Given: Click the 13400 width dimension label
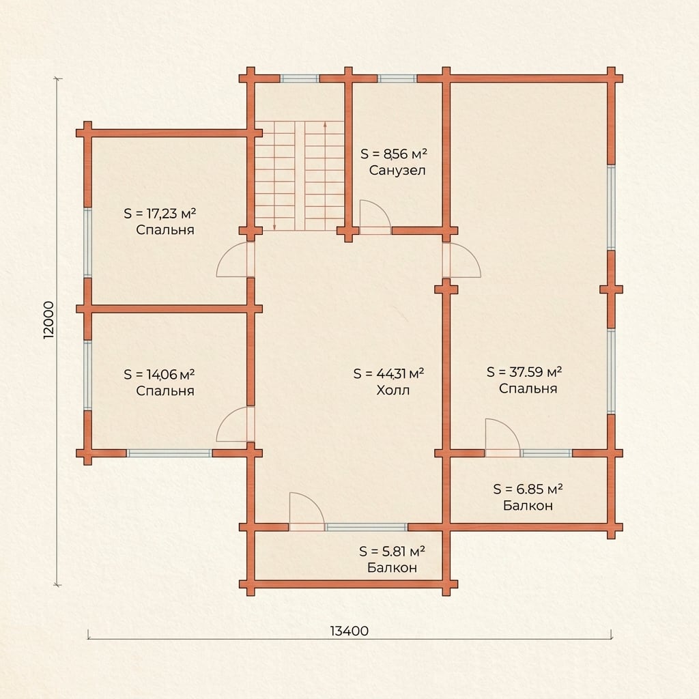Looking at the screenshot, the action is (349, 631).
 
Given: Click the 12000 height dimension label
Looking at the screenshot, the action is (48, 319).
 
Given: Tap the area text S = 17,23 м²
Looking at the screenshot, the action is (160, 214).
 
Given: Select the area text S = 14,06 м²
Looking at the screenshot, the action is (159, 374).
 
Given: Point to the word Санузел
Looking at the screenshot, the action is (397, 170).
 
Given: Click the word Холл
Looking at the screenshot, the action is (393, 390).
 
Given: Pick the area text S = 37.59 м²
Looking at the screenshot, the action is (524, 372).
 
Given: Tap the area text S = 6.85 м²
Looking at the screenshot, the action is (528, 489).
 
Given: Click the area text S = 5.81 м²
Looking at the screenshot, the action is (392, 552).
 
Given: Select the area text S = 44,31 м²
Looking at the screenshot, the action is (388, 373).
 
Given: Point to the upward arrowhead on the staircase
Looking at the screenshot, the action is (325, 125).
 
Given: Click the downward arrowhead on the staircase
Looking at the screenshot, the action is (274, 227).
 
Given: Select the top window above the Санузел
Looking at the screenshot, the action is (397, 79).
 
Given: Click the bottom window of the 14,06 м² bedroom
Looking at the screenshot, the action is (169, 453).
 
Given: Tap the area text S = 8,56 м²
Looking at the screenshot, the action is (394, 154).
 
